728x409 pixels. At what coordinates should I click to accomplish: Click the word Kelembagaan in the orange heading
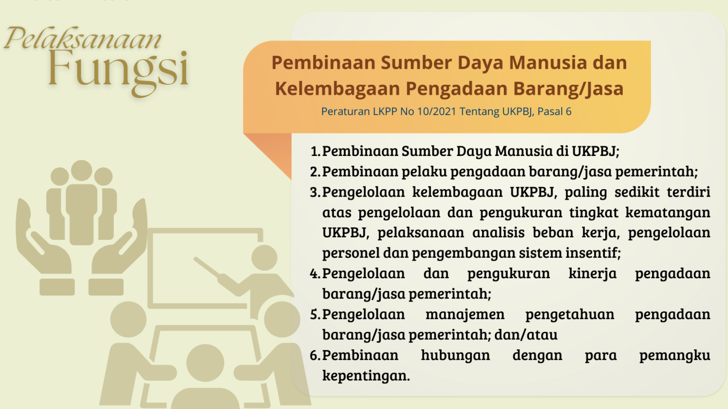(x=337, y=89)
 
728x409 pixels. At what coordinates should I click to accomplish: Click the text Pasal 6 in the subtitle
(x=555, y=111)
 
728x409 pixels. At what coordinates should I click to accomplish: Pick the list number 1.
(x=315, y=151)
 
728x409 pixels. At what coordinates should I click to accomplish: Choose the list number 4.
(x=315, y=273)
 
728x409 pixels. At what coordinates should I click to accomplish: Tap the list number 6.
(x=315, y=355)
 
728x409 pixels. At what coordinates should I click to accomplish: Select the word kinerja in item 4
(x=592, y=273)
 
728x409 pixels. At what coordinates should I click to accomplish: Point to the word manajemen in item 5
(x=465, y=315)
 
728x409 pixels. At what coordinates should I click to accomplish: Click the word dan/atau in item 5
(x=526, y=335)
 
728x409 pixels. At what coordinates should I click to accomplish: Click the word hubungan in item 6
(x=455, y=355)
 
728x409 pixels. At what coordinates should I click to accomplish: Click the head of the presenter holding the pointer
(x=264, y=258)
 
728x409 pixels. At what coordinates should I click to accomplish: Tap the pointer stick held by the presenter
(x=208, y=268)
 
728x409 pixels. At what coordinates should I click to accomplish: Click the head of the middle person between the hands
(x=82, y=171)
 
